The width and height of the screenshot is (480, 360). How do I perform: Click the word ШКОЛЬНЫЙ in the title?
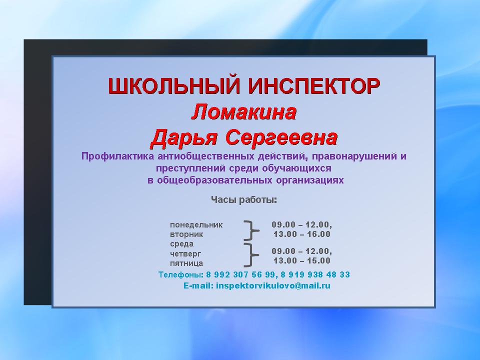[173, 86]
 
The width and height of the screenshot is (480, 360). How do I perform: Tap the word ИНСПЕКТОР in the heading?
[314, 86]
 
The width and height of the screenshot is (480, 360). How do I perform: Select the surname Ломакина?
[244, 112]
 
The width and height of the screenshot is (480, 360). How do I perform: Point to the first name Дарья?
[184, 138]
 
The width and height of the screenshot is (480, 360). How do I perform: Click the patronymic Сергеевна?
[281, 137]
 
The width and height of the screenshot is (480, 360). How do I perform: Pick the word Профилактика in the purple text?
[118, 156]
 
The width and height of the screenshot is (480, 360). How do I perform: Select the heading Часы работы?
[244, 200]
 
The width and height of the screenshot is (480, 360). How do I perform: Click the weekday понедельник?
[196, 225]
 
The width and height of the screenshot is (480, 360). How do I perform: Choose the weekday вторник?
[186, 234]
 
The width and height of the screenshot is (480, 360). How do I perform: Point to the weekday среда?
[182, 244]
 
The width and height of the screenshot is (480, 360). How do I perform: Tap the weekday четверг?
[185, 254]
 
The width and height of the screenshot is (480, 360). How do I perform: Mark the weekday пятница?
[186, 263]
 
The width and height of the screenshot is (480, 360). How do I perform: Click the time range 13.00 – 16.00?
[302, 234]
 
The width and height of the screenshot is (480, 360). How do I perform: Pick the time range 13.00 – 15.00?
[302, 261]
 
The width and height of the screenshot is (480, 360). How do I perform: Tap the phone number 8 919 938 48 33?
[315, 274]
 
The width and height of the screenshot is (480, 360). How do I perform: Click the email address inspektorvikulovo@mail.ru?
[273, 286]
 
